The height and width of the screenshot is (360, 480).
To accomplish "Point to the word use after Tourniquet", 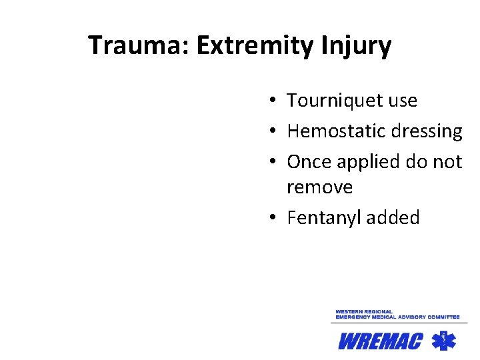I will point(401,101).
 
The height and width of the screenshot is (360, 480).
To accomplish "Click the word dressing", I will point(425,132).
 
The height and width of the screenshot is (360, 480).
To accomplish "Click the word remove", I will point(319,187).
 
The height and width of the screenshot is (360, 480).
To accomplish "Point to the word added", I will point(394,217).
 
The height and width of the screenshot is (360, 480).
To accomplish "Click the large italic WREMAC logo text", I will point(380,341).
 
